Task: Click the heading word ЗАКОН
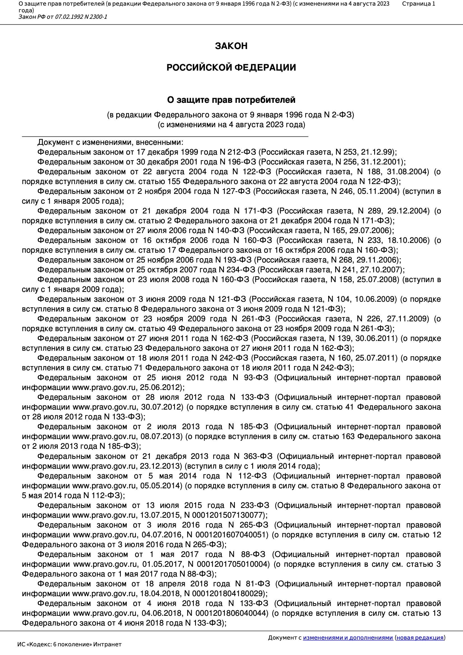[x=231, y=46]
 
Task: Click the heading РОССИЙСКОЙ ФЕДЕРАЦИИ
[x=231, y=68]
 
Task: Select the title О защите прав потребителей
[x=231, y=100]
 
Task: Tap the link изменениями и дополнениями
[x=348, y=638]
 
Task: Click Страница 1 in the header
[x=418, y=4]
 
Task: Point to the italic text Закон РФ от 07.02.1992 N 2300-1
[x=63, y=17]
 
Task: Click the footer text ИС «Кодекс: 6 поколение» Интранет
[x=69, y=644]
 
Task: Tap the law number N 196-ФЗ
[x=238, y=162]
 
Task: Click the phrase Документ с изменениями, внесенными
[x=110, y=142]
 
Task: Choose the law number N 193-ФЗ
[x=233, y=260]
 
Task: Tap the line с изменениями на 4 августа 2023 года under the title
[x=231, y=125]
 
